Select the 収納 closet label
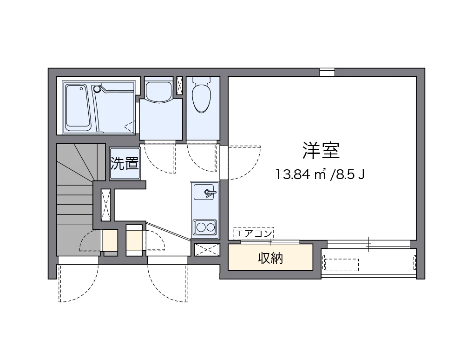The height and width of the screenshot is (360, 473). (270, 258)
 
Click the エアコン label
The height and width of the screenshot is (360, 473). (253, 233)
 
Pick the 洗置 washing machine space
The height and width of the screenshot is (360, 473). (125, 164)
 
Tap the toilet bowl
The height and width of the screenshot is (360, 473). (202, 96)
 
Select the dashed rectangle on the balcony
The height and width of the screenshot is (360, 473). (341, 265)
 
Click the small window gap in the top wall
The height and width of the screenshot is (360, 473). (327, 72)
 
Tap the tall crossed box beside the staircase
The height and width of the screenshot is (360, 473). (106, 205)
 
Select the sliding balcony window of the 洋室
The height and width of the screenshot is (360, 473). (368, 242)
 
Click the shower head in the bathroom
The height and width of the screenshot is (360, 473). (97, 88)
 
